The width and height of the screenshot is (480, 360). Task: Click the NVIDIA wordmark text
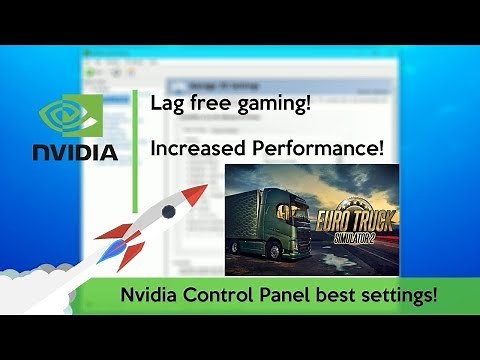76,153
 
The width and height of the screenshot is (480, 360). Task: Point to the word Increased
196,149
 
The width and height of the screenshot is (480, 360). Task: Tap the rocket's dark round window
167,211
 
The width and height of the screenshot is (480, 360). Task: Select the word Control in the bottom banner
220,297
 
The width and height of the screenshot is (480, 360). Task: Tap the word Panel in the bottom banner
283,297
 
